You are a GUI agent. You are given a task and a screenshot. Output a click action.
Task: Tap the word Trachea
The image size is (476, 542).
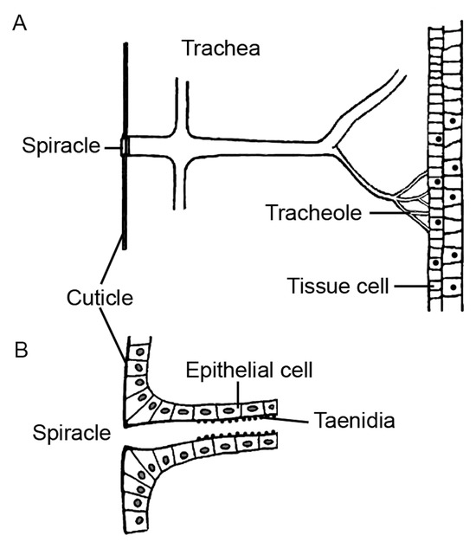coord(221,48)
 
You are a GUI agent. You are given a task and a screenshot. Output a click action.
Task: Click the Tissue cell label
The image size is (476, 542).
coord(331,282)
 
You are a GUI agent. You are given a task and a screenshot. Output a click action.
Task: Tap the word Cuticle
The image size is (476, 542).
coord(99,300)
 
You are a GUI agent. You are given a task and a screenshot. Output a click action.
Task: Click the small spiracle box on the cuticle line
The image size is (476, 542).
coord(125,146)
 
